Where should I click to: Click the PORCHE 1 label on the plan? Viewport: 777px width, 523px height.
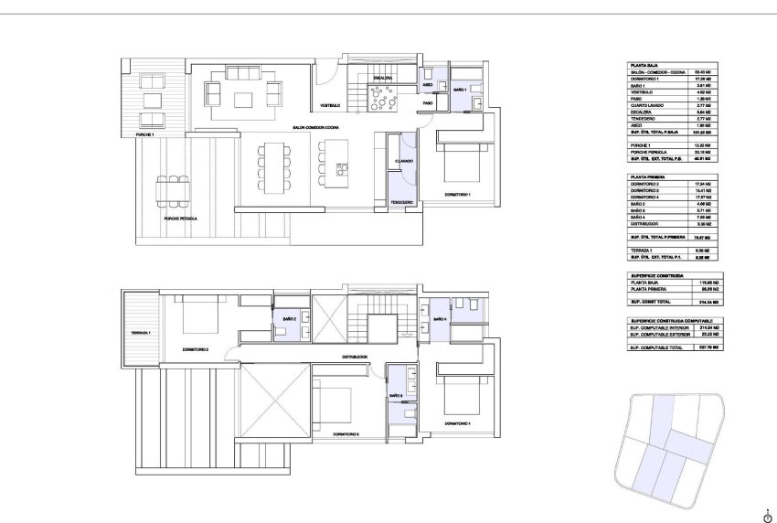(x=144, y=134)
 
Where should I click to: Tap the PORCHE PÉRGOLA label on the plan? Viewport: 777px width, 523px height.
(x=180, y=219)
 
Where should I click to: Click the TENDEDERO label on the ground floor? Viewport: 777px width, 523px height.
(x=402, y=201)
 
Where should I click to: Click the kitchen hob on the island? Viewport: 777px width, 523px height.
(x=343, y=168)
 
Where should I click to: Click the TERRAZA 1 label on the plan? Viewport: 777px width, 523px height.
(x=140, y=332)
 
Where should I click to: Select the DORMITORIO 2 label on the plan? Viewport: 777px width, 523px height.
(x=196, y=349)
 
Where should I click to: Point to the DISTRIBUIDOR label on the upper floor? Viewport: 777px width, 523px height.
(x=355, y=356)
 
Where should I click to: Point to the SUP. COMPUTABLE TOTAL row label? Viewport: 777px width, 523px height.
(x=655, y=347)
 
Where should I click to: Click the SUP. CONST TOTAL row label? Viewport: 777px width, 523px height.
(x=650, y=301)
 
